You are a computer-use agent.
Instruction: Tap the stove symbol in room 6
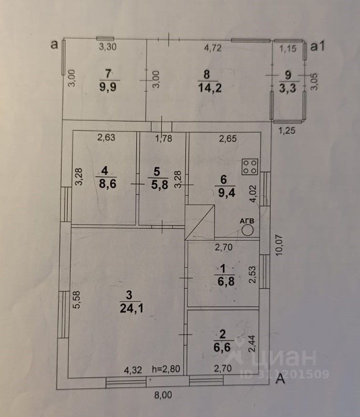tap(250, 166)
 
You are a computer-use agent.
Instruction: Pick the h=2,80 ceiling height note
tap(166, 368)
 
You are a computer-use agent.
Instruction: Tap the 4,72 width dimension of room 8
tap(213, 48)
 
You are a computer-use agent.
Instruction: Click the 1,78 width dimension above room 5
tap(164, 139)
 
